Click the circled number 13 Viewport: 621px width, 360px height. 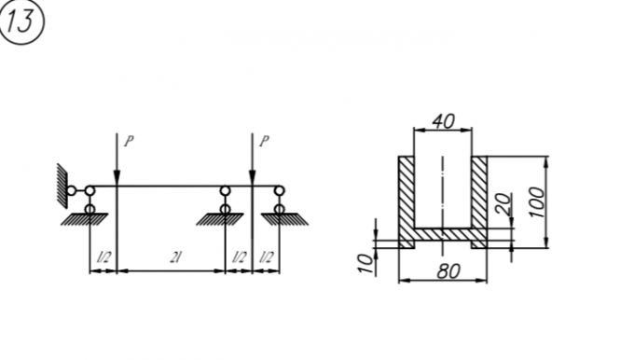click(x=21, y=21)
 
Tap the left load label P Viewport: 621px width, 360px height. click(x=129, y=142)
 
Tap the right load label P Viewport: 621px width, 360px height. click(x=264, y=142)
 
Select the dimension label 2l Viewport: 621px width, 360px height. click(x=175, y=257)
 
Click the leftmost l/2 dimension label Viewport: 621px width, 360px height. click(x=103, y=257)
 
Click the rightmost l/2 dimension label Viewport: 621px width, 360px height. click(x=267, y=257)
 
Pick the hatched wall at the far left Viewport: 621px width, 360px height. click(x=62, y=185)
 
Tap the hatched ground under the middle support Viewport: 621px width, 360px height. click(x=220, y=219)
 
